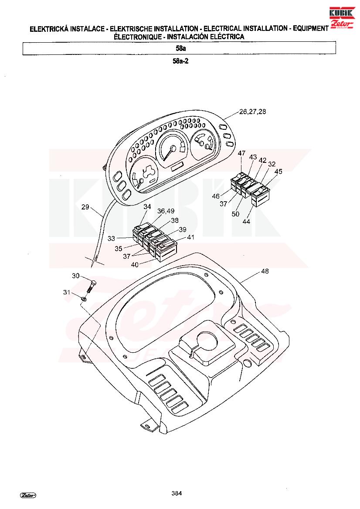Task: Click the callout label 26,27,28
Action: coord(252,111)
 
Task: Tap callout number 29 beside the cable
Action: coord(85,207)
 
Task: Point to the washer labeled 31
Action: coord(84,298)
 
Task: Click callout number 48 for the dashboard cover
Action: coord(265,271)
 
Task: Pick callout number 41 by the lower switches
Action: coord(190,237)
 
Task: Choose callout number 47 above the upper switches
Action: coord(241,153)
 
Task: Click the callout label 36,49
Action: coord(166,211)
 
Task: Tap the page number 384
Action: coord(177,493)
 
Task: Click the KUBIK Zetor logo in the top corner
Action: coord(342,18)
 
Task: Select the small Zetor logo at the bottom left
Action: coord(28,495)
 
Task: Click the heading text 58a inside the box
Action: coord(180,48)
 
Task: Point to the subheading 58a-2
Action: coord(180,61)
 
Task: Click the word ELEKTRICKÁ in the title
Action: coord(49,29)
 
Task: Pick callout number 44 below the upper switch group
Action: coord(246,221)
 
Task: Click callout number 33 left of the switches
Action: coord(111,238)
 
